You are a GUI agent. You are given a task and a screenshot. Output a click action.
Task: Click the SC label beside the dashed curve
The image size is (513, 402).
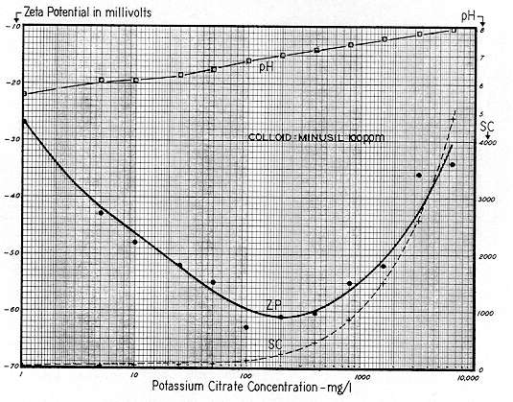tap(275, 344)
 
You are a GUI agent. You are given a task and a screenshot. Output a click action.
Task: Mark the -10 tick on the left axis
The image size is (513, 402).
tap(11, 26)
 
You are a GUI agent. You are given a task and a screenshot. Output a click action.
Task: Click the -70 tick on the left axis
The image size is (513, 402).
tap(11, 367)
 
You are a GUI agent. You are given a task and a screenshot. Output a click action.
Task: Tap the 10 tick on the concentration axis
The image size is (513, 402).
tap(133, 375)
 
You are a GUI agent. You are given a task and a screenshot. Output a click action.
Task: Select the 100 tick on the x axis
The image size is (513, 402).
tap(245, 375)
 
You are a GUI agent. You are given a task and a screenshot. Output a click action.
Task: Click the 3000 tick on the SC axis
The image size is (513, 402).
tap(489, 200)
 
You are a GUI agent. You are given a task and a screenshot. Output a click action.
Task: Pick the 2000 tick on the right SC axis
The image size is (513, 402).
tap(489, 257)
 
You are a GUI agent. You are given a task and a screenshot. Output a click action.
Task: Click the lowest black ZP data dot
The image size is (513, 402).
tap(245, 327)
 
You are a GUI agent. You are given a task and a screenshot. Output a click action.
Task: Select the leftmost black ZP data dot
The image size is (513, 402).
tap(101, 212)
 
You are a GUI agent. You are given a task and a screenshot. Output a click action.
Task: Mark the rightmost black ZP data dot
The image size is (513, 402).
tap(454, 165)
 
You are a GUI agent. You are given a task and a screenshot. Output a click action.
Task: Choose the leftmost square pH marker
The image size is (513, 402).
tap(102, 80)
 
